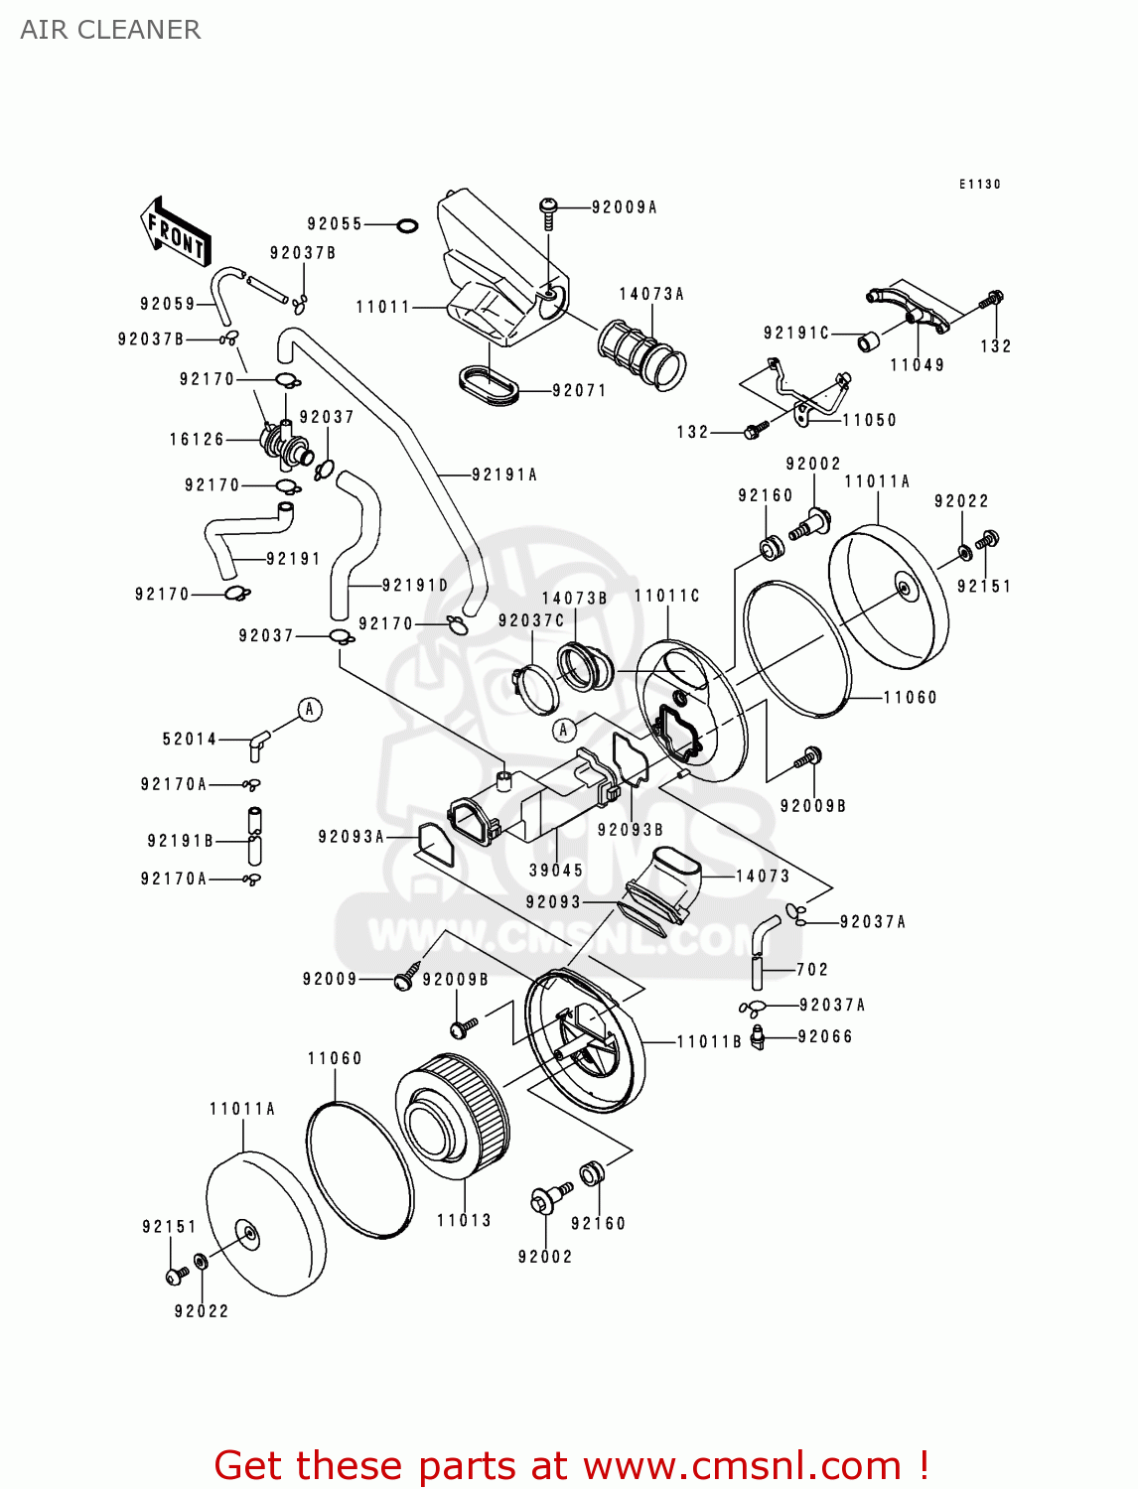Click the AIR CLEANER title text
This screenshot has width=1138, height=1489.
coord(110,30)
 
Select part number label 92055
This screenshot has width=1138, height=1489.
coord(335,224)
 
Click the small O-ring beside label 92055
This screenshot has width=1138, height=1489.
coord(406,225)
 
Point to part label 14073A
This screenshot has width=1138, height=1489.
coord(651,294)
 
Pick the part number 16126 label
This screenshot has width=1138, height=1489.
coord(197,439)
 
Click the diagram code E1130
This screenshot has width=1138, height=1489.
coord(979,184)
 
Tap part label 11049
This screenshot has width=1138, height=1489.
coord(917,365)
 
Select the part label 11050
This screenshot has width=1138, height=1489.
coord(869,420)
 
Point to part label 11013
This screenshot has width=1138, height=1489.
coord(464,1220)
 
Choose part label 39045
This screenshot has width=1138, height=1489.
coord(556,871)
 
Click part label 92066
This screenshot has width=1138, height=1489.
coord(825,1036)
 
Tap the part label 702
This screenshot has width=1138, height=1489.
coord(811,969)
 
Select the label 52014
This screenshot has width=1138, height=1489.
coord(189,739)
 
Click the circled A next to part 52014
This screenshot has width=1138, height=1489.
coord(310,709)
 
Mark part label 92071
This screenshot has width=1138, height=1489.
coord(579,390)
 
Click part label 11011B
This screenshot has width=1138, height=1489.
coord(709,1041)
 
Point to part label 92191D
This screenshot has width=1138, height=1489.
coord(414,586)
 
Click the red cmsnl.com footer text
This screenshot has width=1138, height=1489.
coord(571,1465)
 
